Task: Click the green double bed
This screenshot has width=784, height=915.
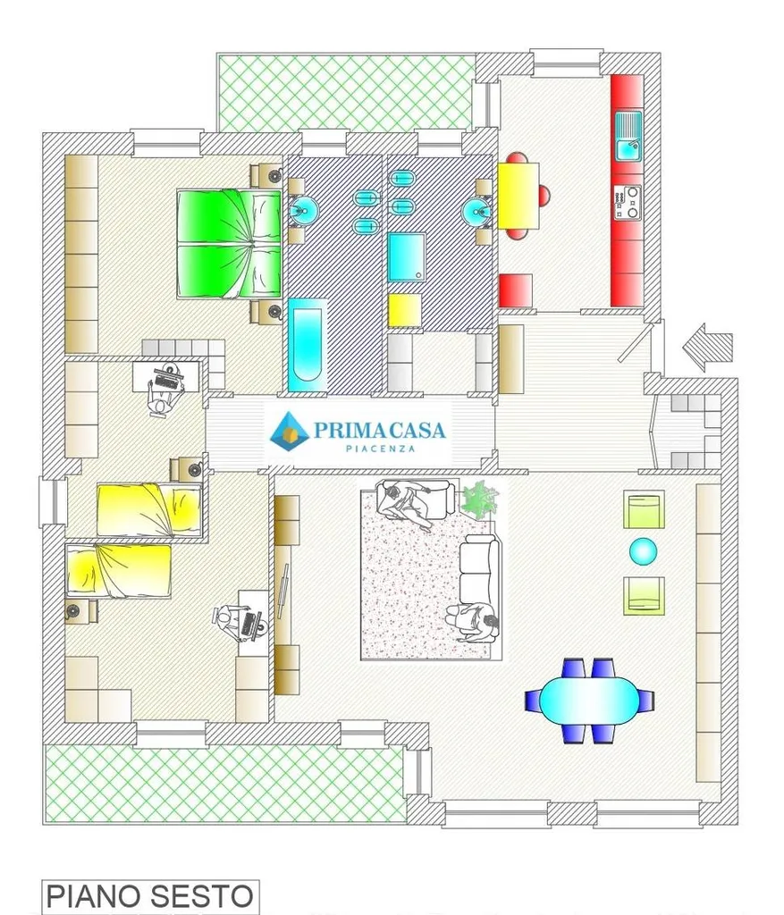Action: (x=230, y=243)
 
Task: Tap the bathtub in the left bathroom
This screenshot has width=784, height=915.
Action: (x=307, y=345)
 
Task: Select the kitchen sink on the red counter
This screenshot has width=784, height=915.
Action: (x=628, y=137)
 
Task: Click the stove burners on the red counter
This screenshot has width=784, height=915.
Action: (x=627, y=203)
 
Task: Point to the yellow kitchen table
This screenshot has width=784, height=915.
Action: (x=518, y=196)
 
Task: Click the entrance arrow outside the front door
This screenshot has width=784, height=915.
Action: (x=707, y=347)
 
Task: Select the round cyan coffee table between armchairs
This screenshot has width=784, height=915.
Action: (x=644, y=551)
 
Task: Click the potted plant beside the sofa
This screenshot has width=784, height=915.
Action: (x=480, y=498)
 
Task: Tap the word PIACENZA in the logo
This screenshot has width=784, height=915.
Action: (x=380, y=449)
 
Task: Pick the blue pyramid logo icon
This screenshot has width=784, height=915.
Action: (x=289, y=431)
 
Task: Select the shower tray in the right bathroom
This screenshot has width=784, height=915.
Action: (x=407, y=257)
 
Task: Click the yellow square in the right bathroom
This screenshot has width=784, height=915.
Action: (x=405, y=310)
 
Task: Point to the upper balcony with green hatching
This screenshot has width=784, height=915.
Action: (x=345, y=92)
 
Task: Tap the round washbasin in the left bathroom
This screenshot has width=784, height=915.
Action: (x=304, y=210)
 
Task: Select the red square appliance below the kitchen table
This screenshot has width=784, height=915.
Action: (x=516, y=290)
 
